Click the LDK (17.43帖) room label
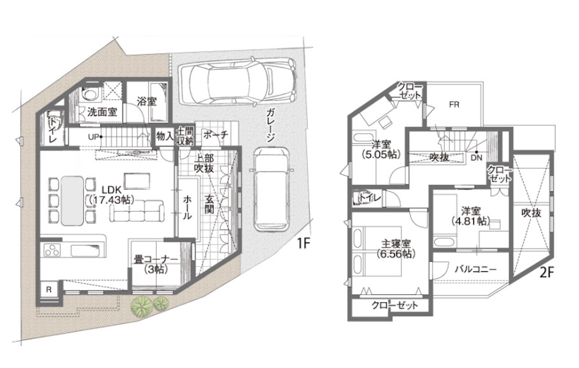tap(111, 195)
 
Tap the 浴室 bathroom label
tap(147, 101)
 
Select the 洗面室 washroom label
tap(102, 112)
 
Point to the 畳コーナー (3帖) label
tap(155, 264)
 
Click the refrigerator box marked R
tap(49, 290)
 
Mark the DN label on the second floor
tap(477, 157)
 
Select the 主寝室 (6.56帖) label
tap(396, 249)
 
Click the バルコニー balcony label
tap(475, 269)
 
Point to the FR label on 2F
tap(454, 105)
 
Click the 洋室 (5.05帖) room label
tap(382, 149)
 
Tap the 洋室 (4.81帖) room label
tap(471, 216)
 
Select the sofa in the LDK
tap(137, 211)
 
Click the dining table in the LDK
tap(72, 200)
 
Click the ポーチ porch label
tap(215, 135)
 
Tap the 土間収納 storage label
tap(185, 136)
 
